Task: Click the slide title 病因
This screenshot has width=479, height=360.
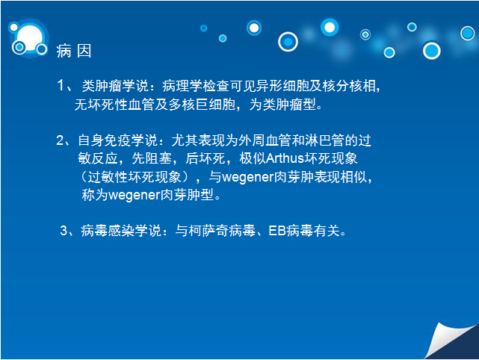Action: (74, 51)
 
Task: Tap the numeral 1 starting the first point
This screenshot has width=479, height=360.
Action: (61, 85)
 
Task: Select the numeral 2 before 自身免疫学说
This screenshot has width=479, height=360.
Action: (61, 140)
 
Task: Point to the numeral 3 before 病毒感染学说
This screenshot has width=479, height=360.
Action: (64, 231)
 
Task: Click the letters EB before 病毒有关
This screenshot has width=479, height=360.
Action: (277, 231)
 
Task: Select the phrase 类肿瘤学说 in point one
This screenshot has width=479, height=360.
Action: (115, 86)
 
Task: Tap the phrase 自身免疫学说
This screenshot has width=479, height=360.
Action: (118, 140)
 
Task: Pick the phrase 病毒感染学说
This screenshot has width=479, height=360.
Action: (121, 231)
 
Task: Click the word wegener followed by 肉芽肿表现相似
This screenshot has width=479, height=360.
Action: (248, 178)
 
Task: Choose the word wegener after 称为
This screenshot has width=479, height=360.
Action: (135, 196)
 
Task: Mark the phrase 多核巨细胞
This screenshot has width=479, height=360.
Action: (202, 105)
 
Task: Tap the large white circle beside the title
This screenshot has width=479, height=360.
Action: (30, 37)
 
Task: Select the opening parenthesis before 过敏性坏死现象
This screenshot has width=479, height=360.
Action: (84, 178)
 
